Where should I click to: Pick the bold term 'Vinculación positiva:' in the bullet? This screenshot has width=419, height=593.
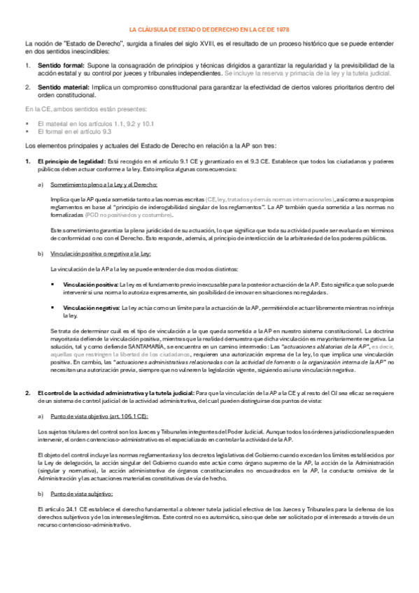(x=90, y=285)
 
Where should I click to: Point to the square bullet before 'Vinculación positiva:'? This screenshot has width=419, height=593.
(x=54, y=285)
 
